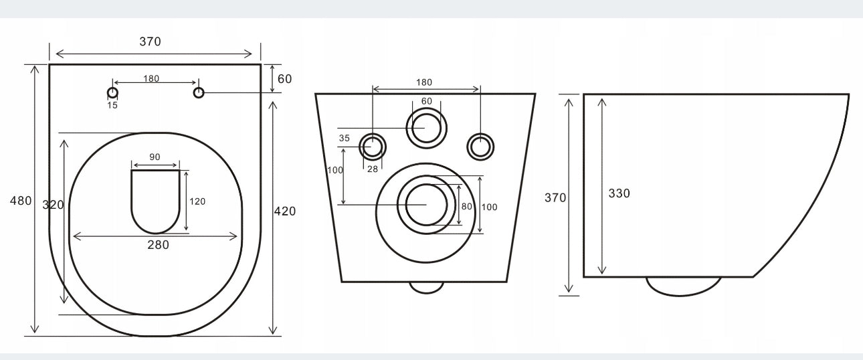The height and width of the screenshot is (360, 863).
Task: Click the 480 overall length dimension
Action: pyautogui.click(x=21, y=201)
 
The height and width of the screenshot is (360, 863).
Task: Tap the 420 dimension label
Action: pyautogui.click(x=285, y=211)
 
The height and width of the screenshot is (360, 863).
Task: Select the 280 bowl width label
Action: pyautogui.click(x=158, y=245)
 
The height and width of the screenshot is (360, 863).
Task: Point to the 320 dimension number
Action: pyautogui.click(x=53, y=205)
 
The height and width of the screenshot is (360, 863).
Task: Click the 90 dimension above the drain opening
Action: pyautogui.click(x=155, y=157)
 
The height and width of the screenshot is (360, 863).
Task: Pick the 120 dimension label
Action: pyautogui.click(x=197, y=201)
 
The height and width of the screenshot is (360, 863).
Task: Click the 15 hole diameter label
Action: pyautogui.click(x=112, y=105)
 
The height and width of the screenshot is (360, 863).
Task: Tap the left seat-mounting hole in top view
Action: pyautogui.click(x=112, y=93)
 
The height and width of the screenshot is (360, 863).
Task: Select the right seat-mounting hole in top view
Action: pyautogui.click(x=199, y=93)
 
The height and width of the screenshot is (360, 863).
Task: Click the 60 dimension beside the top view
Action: pyautogui.click(x=285, y=79)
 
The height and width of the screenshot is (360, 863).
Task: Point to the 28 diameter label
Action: pyautogui.click(x=373, y=169)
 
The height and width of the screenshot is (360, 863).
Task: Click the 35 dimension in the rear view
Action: pyautogui.click(x=345, y=138)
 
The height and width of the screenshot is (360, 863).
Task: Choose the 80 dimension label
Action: pyautogui.click(x=466, y=207)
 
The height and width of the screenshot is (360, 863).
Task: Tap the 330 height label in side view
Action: pyautogui.click(x=619, y=193)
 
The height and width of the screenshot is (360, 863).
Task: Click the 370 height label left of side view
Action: pyautogui.click(x=555, y=198)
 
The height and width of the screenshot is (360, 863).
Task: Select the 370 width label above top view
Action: pyautogui.click(x=151, y=41)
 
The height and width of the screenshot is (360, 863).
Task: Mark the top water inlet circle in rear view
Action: pyautogui.click(x=427, y=108)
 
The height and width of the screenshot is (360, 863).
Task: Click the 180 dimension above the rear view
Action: pyautogui.click(x=424, y=82)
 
